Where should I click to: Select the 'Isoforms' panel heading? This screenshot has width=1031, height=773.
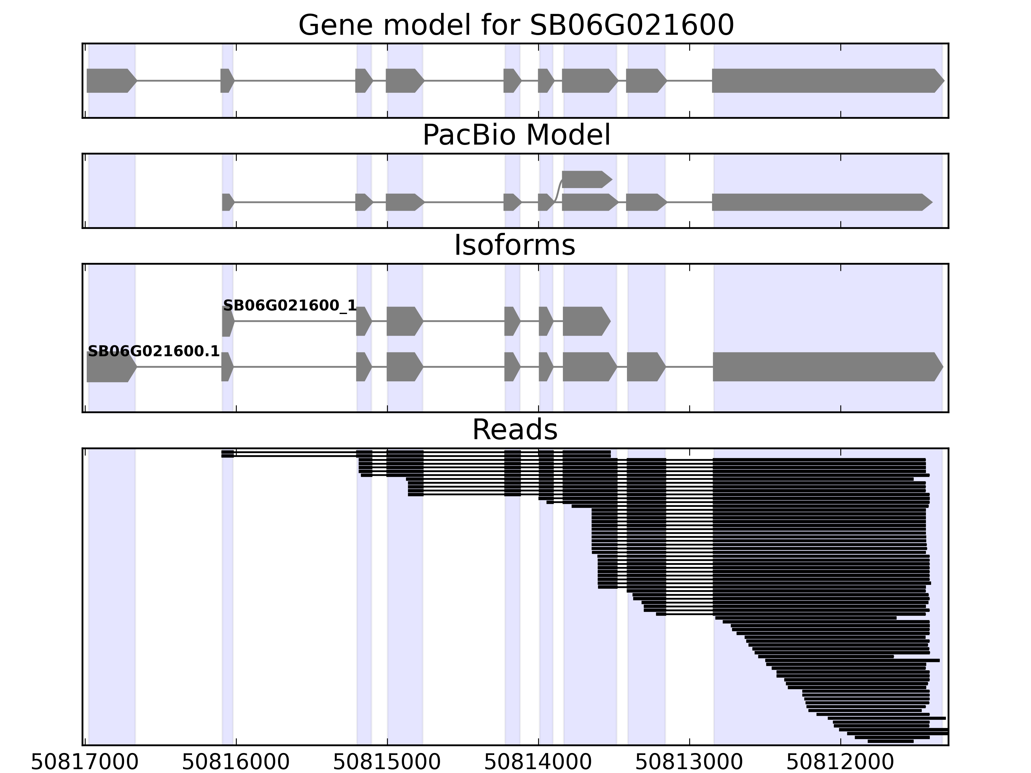tap(515, 245)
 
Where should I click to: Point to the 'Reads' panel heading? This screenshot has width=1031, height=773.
tap(515, 430)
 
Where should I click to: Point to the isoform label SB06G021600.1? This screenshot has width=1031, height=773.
tap(153, 351)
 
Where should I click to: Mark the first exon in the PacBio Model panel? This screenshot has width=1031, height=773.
tap(227, 202)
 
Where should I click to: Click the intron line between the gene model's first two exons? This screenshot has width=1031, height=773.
tap(178, 81)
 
